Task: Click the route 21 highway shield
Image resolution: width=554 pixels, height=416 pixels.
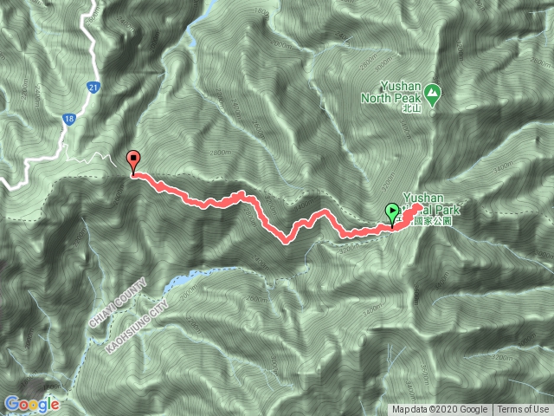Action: click(92, 87)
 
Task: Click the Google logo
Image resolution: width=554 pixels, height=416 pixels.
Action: click(32, 404)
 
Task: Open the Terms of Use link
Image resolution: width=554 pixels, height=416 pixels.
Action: click(523, 410)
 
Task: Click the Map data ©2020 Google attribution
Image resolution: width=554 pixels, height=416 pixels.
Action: click(441, 410)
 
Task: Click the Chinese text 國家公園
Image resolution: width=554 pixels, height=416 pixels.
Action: click(433, 222)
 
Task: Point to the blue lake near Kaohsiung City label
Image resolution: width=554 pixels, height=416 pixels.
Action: click(177, 282)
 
